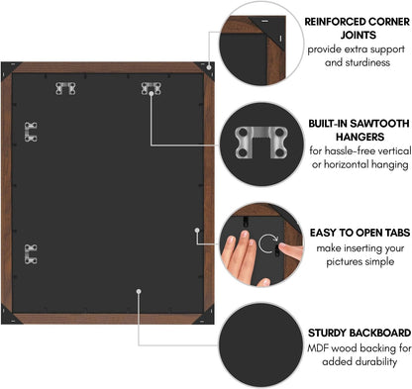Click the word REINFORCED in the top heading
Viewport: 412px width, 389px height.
point(335,22)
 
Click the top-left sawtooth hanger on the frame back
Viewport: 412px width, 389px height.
point(65,88)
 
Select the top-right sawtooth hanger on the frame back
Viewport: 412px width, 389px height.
point(152,88)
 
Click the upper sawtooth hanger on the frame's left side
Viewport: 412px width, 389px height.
point(31,132)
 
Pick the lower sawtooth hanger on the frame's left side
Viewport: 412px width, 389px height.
point(31,254)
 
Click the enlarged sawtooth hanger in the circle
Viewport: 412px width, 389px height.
point(260,142)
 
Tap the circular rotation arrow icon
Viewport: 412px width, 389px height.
point(268,244)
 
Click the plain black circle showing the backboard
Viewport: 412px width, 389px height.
point(260,344)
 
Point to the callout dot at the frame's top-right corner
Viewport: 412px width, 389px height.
point(209,67)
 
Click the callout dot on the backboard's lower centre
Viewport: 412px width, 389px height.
point(139,291)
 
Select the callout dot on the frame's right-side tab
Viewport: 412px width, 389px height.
point(197,230)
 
